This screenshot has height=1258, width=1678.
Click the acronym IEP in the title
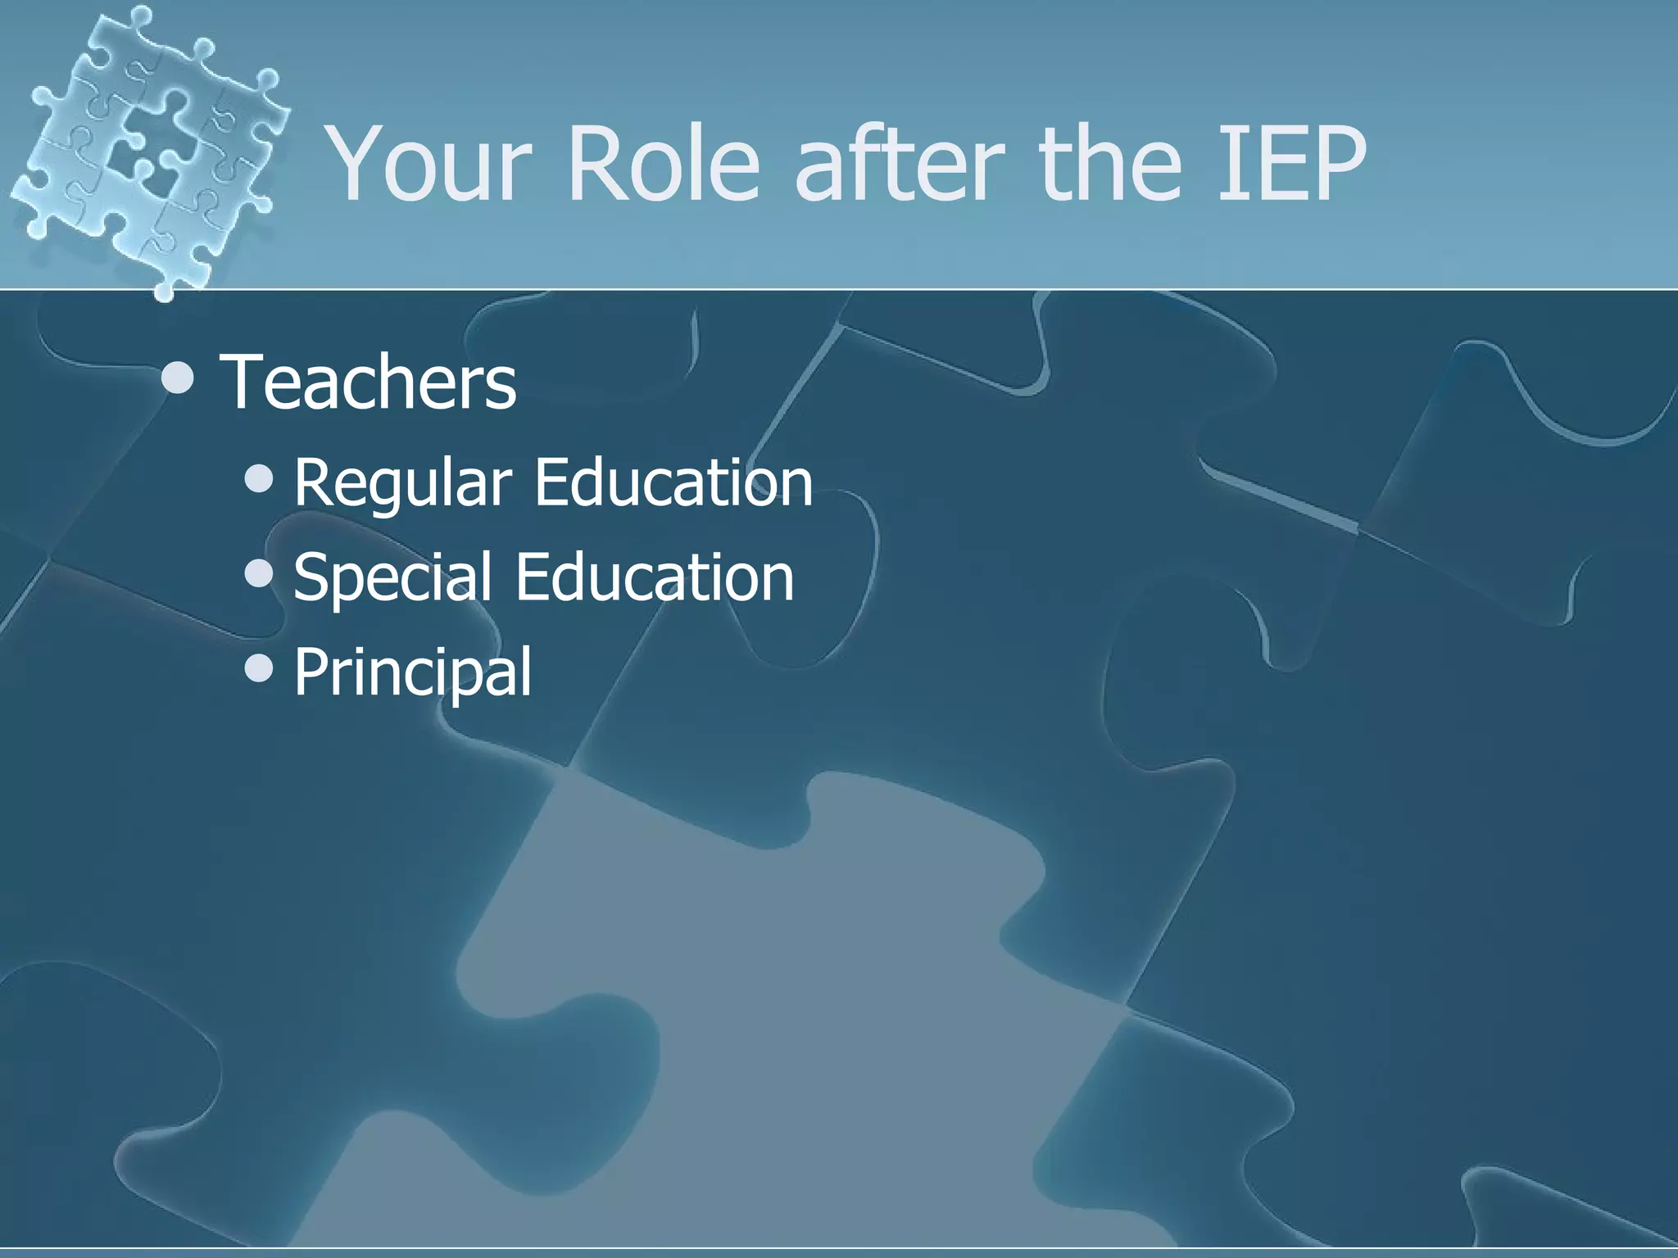1291,164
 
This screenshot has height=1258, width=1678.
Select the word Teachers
369,382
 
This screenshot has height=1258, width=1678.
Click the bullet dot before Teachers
178,378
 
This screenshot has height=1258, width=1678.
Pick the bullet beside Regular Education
259,479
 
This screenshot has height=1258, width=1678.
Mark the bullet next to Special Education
259,573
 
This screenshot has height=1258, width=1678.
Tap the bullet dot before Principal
259,668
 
